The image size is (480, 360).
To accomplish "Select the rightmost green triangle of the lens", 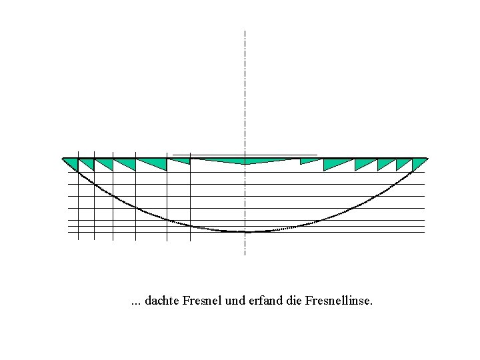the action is [418, 163].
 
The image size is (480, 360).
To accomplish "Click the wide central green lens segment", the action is [245, 161].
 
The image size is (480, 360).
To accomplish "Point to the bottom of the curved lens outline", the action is [245, 231].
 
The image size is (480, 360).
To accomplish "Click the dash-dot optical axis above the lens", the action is [245, 87].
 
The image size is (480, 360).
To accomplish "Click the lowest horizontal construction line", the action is [333, 232].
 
